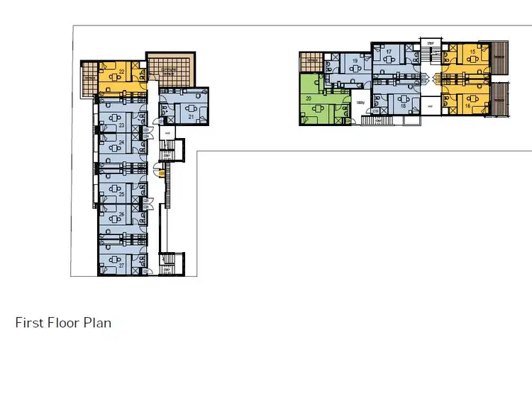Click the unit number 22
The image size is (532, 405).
pyautogui.click(x=122, y=72)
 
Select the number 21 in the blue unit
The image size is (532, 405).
pyautogui.click(x=192, y=116)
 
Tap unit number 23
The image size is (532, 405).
pyautogui.click(x=122, y=125)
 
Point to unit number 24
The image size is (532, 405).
pyautogui.click(x=122, y=142)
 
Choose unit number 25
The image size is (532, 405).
pyautogui.click(x=122, y=194)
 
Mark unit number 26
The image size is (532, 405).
pyautogui.click(x=122, y=214)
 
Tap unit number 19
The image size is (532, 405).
pyautogui.click(x=354, y=62)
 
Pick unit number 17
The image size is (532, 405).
pyautogui.click(x=389, y=52)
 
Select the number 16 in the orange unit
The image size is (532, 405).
pyautogui.click(x=468, y=105)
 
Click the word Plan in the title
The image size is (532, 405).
pyautogui.click(x=98, y=324)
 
